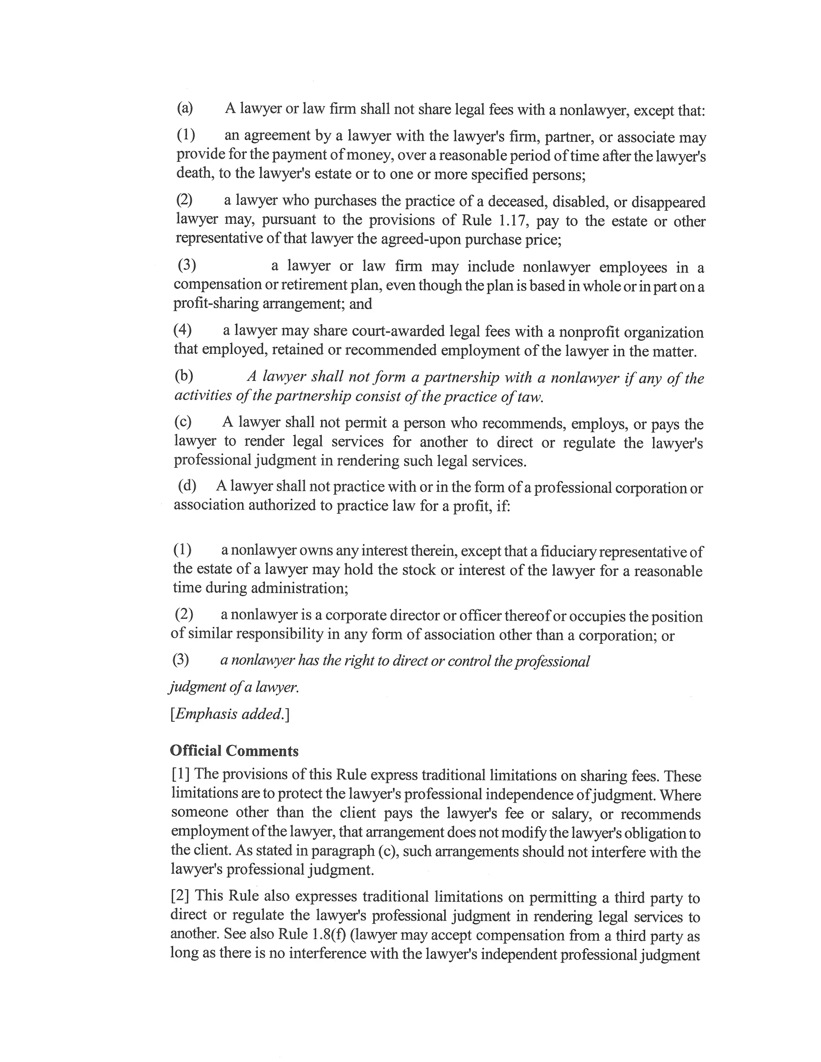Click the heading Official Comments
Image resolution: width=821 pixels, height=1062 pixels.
[234, 751]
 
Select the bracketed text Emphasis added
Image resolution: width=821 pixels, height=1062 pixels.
[230, 714]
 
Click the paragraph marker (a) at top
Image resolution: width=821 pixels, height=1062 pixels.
[185, 107]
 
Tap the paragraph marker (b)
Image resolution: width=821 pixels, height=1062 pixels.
[184, 376]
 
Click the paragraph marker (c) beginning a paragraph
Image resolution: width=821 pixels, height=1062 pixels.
[183, 422]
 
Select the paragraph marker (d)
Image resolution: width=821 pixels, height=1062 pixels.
[187, 485]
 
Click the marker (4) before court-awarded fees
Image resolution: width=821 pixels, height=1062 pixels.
[182, 330]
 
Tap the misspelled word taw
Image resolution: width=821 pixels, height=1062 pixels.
[530, 397]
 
